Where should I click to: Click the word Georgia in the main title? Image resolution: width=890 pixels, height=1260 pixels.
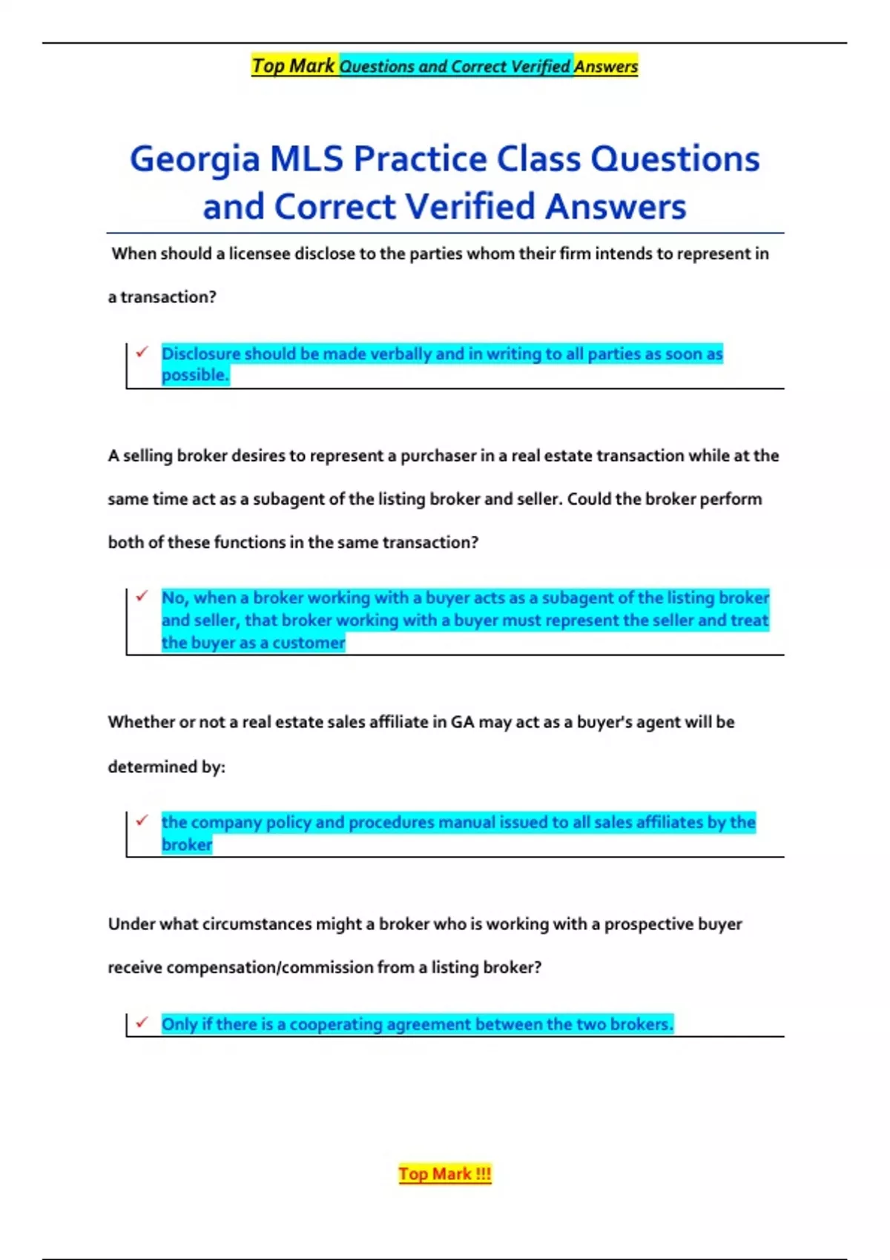[194, 160]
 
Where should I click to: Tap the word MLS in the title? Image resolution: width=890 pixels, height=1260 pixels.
[306, 159]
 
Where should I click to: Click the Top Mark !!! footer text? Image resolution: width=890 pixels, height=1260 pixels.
[445, 1174]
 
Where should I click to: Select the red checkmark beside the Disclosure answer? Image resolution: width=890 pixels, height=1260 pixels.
[142, 352]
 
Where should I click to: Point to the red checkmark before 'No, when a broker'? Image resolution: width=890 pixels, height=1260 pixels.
[142, 596]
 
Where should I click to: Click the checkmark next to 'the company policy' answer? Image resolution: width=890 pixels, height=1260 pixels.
[142, 820]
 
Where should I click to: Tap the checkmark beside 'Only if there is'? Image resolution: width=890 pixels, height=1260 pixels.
[142, 1023]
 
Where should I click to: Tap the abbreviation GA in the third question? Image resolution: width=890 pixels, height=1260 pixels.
[462, 723]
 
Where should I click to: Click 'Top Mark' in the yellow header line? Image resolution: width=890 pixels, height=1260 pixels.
[293, 66]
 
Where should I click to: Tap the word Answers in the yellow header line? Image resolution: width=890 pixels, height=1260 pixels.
[605, 67]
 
